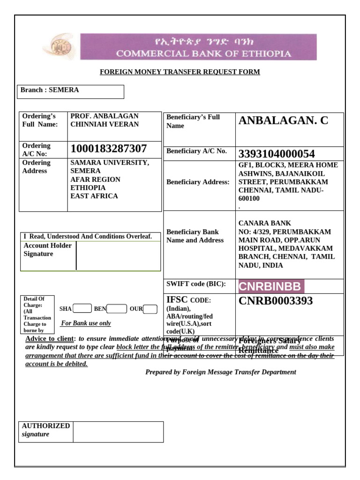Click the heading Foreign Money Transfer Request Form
click(180, 72)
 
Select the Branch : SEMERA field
click(70, 91)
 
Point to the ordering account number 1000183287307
click(109, 149)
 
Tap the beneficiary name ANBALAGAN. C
click(283, 121)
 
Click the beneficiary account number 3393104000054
click(277, 154)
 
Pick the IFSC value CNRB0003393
click(276, 301)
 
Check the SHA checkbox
click(82, 308)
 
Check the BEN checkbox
click(117, 308)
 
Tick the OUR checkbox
click(150, 308)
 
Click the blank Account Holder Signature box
click(118, 256)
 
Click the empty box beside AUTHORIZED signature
click(118, 432)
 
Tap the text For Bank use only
click(86, 323)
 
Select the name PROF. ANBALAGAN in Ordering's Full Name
click(104, 116)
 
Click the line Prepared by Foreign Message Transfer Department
click(220, 372)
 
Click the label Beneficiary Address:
click(198, 182)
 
